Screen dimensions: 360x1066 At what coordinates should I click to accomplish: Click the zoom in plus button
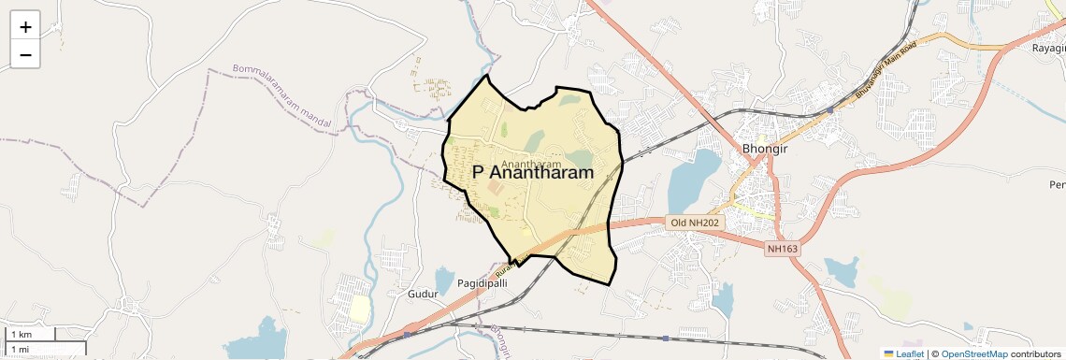point(25,27)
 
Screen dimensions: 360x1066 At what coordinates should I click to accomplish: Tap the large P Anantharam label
point(533,173)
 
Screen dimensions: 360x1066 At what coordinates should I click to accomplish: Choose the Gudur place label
point(424,294)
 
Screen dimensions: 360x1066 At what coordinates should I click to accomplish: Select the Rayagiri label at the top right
point(1047,47)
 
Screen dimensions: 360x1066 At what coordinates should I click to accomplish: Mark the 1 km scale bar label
point(21,335)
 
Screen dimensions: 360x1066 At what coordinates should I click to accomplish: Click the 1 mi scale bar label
point(19,349)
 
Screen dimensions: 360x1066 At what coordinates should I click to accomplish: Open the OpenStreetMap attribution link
point(973,353)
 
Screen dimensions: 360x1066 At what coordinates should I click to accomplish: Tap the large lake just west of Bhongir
point(694,180)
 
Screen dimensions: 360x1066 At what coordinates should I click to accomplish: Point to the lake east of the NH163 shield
point(841,271)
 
